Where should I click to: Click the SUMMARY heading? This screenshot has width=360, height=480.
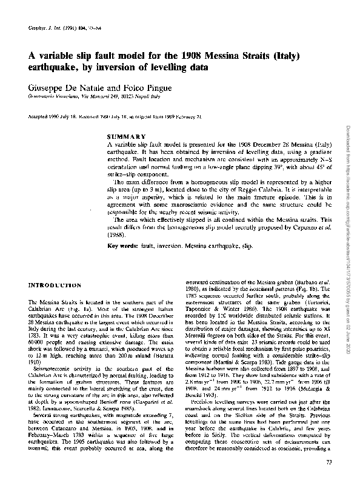(x=126, y=136)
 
